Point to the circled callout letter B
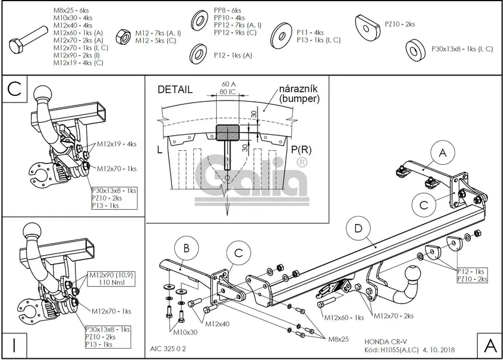[x=186, y=249]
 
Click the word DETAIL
[x=175, y=90]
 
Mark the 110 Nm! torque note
[x=102, y=283]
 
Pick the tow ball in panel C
[x=45, y=93]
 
